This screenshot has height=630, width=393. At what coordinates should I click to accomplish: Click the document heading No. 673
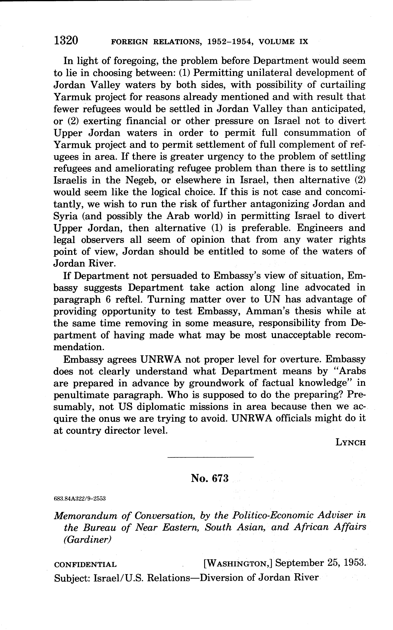click(210, 478)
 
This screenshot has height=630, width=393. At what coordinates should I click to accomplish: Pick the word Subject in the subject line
click(72, 578)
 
